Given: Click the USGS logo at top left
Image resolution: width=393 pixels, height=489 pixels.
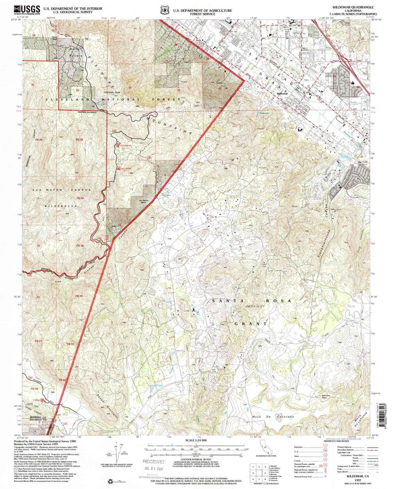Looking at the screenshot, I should point(27,10).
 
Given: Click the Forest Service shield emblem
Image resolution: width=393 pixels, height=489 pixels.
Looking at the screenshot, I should point(164,10).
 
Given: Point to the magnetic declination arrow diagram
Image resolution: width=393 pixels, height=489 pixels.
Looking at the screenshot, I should point(117,453).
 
